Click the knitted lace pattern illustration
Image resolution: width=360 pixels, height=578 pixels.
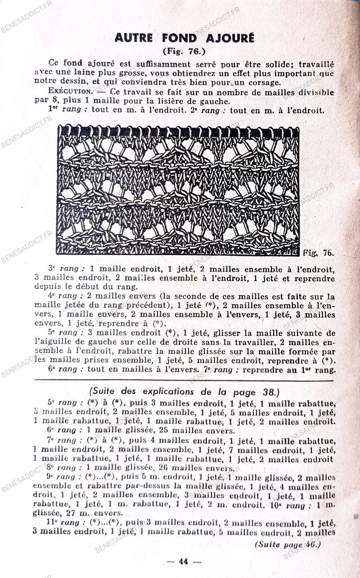[178, 190]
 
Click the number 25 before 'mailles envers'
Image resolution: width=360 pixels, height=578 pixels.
[151, 430]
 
